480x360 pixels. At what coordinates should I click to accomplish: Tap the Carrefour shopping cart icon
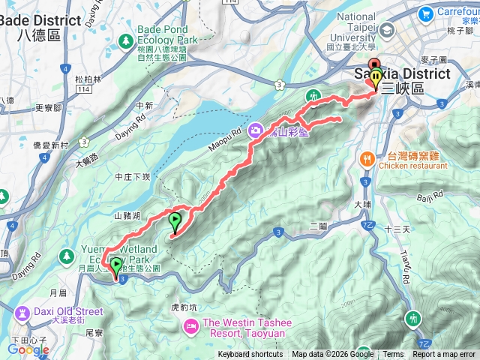(x=426, y=12)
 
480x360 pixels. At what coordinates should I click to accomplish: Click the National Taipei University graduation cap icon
(x=387, y=30)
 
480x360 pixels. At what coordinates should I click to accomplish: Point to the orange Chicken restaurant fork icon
(x=367, y=159)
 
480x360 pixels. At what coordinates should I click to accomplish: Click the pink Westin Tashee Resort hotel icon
(x=191, y=325)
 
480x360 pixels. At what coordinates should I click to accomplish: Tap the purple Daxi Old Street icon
(x=20, y=310)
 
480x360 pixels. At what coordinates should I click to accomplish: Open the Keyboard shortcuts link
(x=250, y=355)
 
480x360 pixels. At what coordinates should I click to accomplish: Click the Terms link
(x=393, y=355)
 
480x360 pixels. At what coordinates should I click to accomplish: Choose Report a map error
(x=444, y=355)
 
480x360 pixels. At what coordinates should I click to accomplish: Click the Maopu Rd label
(x=225, y=136)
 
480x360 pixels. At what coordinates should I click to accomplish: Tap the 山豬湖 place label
(x=128, y=216)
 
